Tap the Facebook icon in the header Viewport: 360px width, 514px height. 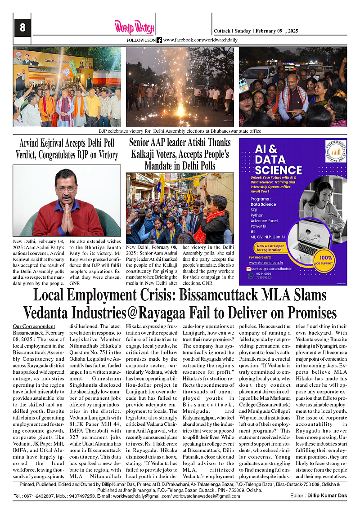point(159,40)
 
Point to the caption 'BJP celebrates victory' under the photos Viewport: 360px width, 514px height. point(180,131)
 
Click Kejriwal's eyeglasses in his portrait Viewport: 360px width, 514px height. point(66,189)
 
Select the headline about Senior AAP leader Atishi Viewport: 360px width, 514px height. point(180,154)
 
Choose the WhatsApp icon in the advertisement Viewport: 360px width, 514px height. point(251,276)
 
